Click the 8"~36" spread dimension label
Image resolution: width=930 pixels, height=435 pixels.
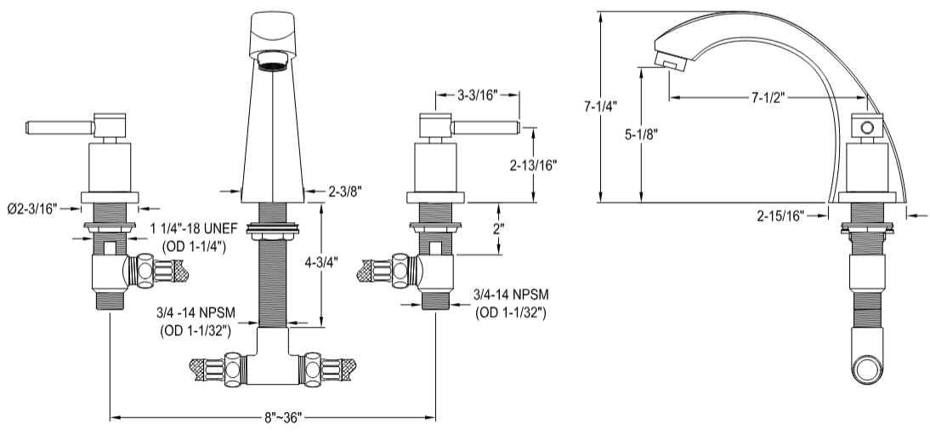point(284,417)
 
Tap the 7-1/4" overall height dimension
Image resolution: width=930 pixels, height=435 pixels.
point(600,107)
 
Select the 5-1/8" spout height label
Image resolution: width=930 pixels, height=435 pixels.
point(641,135)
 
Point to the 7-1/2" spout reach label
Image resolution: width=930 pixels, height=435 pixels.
point(768,98)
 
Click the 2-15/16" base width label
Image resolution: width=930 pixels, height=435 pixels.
point(780,216)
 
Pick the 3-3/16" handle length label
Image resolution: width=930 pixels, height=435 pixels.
point(478,95)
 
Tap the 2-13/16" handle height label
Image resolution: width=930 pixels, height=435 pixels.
point(534,165)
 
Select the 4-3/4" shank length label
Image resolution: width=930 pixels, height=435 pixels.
point(320,263)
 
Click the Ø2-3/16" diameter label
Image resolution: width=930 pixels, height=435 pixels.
point(32,209)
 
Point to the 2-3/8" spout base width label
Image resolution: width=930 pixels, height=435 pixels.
point(344,191)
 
